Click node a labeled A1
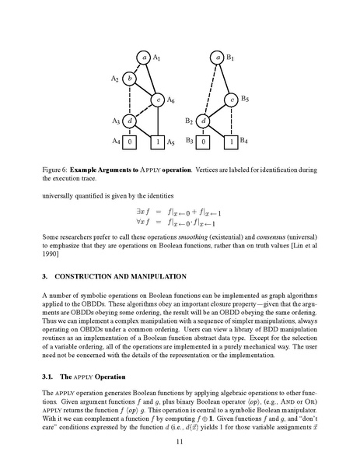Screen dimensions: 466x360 click(144, 57)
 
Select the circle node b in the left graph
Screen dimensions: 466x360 click(130, 79)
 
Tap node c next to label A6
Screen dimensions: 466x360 click(158, 100)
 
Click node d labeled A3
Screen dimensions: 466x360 click(130, 121)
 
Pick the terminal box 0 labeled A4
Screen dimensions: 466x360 click(130, 142)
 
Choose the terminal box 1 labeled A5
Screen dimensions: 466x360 click(158, 142)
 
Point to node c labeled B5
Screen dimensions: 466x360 click(232, 100)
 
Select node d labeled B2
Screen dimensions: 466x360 click(203, 121)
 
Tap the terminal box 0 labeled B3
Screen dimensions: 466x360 click(203, 142)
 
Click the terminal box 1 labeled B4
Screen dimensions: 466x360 click(232, 142)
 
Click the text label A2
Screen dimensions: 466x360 click(115, 79)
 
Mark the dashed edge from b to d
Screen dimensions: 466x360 click(130, 100)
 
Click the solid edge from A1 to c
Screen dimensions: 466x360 click(152, 79)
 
